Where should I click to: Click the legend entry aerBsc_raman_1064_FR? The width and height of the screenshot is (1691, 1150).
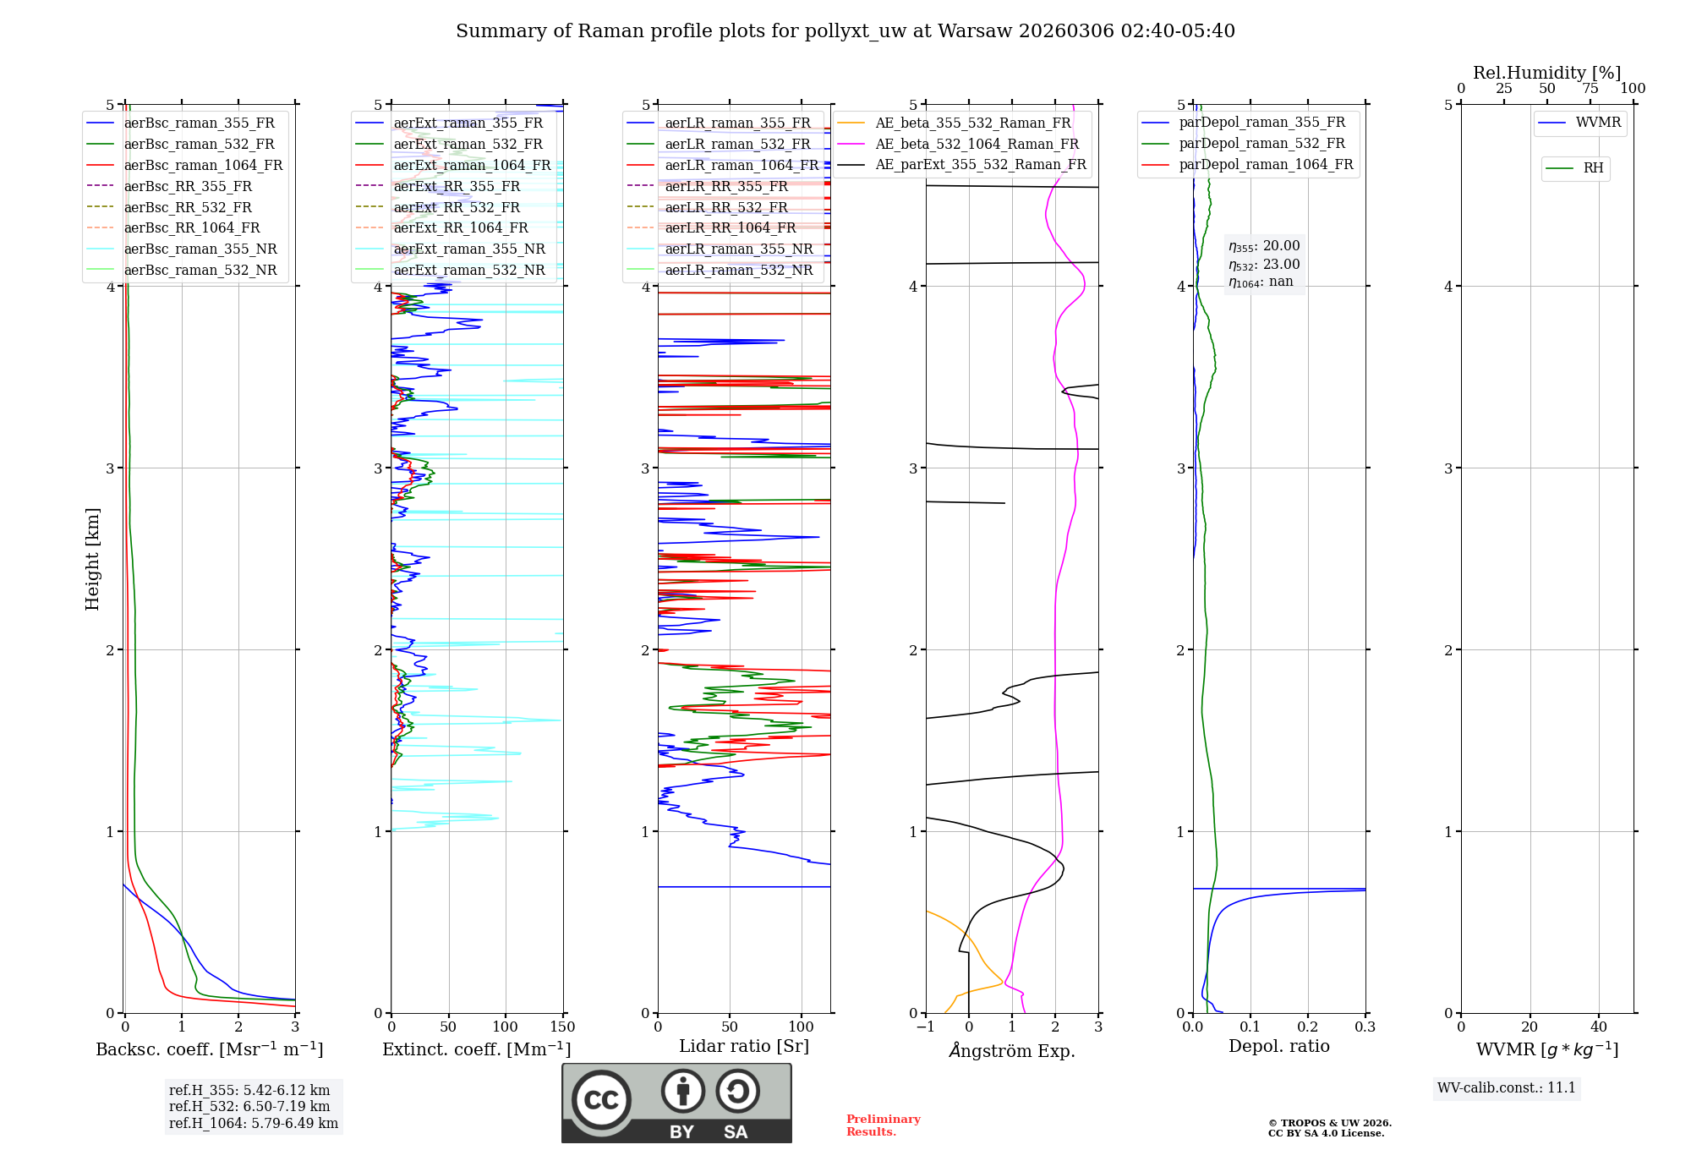click(x=203, y=166)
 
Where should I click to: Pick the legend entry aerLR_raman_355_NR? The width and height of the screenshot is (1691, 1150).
click(x=738, y=249)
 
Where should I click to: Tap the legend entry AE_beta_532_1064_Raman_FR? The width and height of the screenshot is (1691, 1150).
click(x=977, y=145)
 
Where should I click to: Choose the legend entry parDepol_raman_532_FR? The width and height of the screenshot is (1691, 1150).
click(x=1261, y=144)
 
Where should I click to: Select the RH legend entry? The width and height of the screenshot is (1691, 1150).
click(x=1593, y=168)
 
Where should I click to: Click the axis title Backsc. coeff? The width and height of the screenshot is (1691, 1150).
click(x=209, y=1049)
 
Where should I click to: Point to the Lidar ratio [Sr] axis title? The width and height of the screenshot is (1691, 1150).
click(x=743, y=1046)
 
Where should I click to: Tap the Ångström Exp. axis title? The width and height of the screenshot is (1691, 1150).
click(x=1012, y=1051)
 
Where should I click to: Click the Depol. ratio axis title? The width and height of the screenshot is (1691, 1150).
click(x=1278, y=1046)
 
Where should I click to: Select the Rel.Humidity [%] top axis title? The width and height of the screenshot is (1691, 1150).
click(x=1546, y=73)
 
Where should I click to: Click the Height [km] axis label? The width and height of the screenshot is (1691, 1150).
click(x=92, y=559)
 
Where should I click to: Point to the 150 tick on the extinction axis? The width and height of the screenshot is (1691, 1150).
click(x=562, y=1027)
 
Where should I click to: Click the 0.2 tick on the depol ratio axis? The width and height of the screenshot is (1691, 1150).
click(x=1307, y=1027)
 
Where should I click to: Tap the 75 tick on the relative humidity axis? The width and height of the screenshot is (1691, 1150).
click(x=1590, y=89)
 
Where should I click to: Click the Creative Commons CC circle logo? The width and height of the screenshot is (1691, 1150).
click(x=601, y=1099)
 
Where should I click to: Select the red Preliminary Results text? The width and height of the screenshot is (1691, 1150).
click(x=883, y=1125)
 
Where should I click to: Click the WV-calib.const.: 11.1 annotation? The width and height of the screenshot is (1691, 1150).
click(x=1507, y=1087)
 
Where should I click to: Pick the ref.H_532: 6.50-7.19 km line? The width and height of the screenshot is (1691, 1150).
click(x=249, y=1106)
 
